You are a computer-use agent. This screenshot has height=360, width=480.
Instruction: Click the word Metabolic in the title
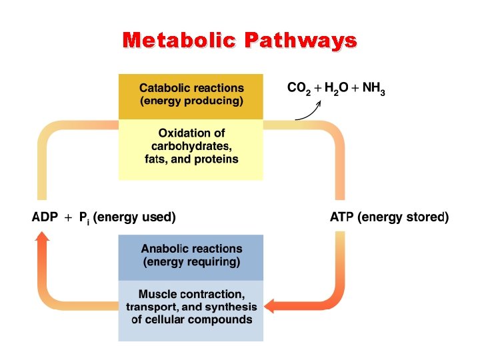click(x=180, y=41)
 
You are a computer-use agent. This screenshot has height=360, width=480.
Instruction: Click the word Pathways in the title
click(x=301, y=41)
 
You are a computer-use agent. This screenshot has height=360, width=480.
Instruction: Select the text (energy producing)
click(x=191, y=101)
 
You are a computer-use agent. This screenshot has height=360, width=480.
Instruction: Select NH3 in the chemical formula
click(x=373, y=88)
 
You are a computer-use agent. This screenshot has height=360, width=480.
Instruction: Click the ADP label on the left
click(x=45, y=217)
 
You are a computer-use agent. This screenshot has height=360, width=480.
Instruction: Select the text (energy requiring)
click(x=191, y=261)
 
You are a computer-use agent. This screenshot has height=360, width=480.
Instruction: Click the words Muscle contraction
click(x=191, y=294)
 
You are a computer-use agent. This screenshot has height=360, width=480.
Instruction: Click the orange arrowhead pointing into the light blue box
click(x=270, y=306)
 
